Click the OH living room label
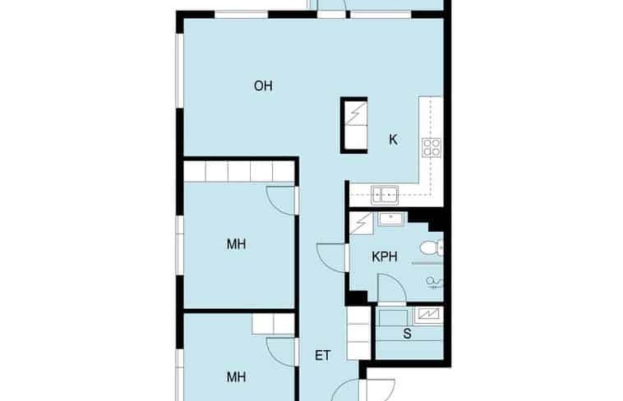(263, 86)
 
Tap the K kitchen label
(393, 140)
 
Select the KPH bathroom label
(384, 257)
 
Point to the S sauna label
(407, 333)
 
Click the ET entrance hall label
(322, 355)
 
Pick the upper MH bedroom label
(236, 244)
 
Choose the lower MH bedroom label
(236, 376)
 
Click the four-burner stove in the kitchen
(431, 147)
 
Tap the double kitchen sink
(385, 195)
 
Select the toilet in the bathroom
(432, 248)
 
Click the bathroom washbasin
(391, 219)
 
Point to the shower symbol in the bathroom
(434, 282)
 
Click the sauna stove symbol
(428, 315)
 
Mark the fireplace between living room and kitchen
(354, 125)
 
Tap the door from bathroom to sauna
(392, 288)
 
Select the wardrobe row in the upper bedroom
(239, 171)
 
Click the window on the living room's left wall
(180, 70)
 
